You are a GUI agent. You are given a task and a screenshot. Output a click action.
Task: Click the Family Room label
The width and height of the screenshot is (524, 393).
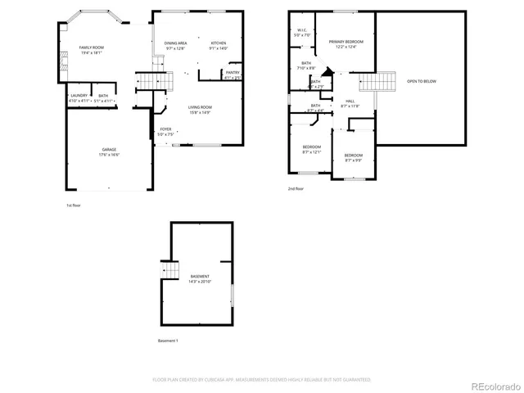click(91, 48)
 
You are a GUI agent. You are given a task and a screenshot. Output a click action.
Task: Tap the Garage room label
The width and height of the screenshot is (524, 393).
click(109, 150)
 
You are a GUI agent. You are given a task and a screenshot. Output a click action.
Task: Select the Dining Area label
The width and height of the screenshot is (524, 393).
click(176, 43)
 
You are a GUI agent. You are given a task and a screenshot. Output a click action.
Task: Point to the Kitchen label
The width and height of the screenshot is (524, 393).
click(219, 43)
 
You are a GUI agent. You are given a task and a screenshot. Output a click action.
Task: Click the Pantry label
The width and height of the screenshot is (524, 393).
click(233, 72)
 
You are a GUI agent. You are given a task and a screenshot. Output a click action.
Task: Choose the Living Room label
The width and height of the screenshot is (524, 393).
click(200, 107)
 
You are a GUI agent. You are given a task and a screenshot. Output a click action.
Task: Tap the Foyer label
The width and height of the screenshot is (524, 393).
click(165, 129)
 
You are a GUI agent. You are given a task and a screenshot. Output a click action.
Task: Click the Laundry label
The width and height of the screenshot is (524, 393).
click(79, 96)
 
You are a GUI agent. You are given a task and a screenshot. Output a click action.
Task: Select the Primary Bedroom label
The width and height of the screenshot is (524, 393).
click(346, 42)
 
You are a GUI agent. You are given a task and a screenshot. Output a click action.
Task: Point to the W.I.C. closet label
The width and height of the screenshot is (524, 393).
click(302, 30)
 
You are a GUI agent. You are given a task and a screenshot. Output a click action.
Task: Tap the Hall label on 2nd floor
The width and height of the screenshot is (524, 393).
click(350, 101)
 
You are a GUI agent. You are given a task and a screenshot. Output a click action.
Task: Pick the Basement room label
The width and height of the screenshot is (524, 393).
click(200, 277)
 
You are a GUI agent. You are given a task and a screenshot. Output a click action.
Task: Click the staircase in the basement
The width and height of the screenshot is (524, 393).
click(169, 270)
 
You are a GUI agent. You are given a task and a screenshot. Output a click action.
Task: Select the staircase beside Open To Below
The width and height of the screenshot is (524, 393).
click(377, 82)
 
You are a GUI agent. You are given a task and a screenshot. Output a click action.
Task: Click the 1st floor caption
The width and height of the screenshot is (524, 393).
click(75, 205)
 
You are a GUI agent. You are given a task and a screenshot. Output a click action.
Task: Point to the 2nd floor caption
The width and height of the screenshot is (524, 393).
click(295, 188)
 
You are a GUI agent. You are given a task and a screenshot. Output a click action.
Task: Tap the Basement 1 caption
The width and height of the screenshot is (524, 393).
click(168, 341)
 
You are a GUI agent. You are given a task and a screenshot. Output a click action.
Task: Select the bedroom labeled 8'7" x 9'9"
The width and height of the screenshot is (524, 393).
click(353, 156)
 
